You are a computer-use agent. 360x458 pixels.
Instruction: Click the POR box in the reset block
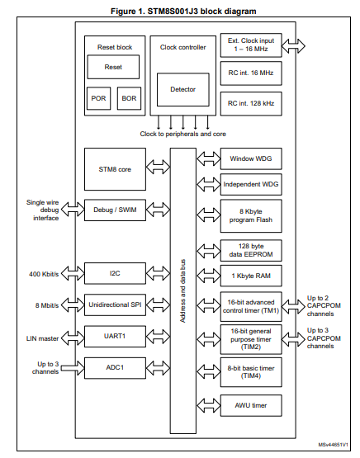point(99,98)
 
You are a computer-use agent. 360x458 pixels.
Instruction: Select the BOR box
point(129,98)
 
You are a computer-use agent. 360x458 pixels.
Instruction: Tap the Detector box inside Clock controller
point(183,90)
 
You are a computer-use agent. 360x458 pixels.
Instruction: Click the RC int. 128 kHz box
point(251,104)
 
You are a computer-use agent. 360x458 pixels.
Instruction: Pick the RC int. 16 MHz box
point(251,73)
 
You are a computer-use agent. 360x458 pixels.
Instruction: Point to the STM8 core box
point(115,169)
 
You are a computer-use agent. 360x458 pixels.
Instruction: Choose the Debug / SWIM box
point(115,210)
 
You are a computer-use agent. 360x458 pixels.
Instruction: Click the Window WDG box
point(251,159)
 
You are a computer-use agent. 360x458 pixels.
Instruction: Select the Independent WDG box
point(251,185)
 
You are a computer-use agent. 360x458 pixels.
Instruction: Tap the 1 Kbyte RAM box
point(251,276)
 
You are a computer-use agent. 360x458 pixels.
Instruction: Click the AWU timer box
point(251,405)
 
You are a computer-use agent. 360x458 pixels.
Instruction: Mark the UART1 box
point(115,336)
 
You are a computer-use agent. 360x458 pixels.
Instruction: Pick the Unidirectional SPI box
point(115,305)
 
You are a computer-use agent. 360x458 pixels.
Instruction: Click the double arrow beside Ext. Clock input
point(293,46)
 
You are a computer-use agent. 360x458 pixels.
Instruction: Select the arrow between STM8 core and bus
point(158,168)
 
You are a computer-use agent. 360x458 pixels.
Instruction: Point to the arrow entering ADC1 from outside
point(73,368)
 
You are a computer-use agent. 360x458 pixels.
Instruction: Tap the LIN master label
point(43,338)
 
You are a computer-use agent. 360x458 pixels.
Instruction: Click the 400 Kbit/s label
point(44,274)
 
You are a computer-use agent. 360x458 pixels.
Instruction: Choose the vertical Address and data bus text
point(183,291)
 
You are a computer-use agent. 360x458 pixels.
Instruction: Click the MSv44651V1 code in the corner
point(333,445)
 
